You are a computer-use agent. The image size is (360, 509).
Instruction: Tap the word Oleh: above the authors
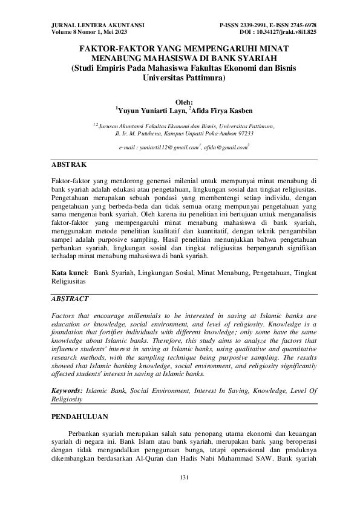tap(183, 102)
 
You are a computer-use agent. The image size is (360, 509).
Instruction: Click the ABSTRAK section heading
tap(69, 164)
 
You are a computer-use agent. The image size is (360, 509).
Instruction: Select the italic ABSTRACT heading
tap(70, 299)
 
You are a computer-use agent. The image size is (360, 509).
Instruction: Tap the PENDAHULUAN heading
tap(79, 417)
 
